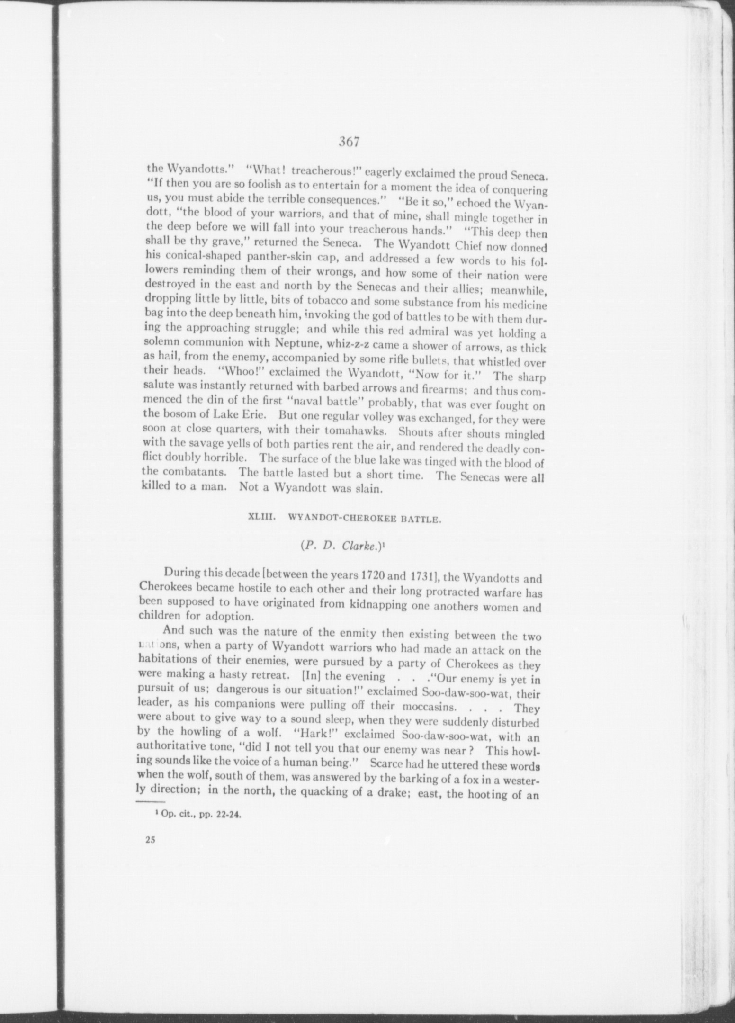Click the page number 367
pyautogui.click(x=350, y=142)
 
